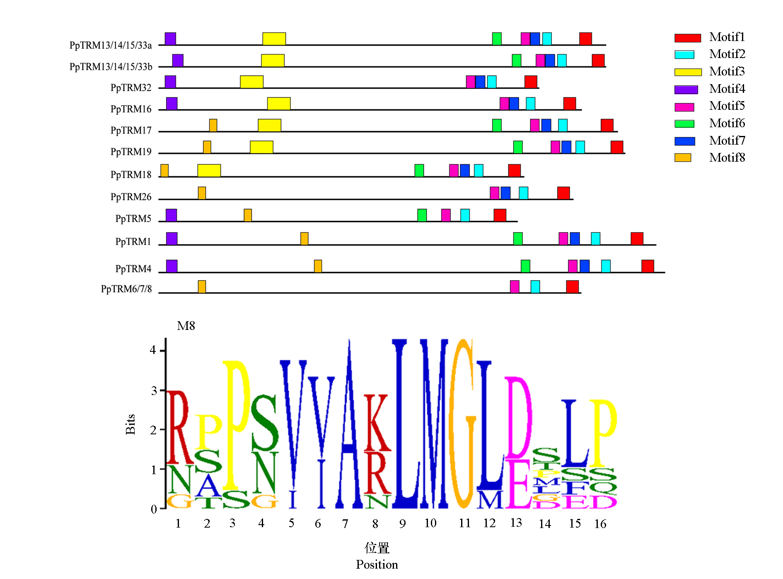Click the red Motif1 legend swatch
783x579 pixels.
[x=687, y=38]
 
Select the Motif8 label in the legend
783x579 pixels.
[x=727, y=157]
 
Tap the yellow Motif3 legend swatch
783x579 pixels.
[x=688, y=72]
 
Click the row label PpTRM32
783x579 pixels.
[x=131, y=88]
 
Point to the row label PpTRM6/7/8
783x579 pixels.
[x=126, y=289]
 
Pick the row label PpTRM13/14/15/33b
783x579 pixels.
[x=111, y=67]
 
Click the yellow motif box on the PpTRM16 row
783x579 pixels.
[x=278, y=104]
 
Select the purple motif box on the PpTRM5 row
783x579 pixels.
[x=171, y=215]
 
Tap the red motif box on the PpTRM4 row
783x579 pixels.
[x=648, y=266]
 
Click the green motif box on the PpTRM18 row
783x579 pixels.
[x=419, y=170]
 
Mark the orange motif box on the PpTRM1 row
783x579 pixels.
[x=304, y=239]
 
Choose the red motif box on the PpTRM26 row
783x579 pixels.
[x=563, y=193]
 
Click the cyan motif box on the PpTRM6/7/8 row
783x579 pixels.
[x=535, y=286]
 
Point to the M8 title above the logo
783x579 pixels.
[x=186, y=326]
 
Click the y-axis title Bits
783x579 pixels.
[x=130, y=424]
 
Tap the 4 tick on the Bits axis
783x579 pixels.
[x=153, y=350]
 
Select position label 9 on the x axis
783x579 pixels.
[x=402, y=524]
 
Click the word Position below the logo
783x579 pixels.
[x=377, y=564]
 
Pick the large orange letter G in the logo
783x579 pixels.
[x=462, y=423]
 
